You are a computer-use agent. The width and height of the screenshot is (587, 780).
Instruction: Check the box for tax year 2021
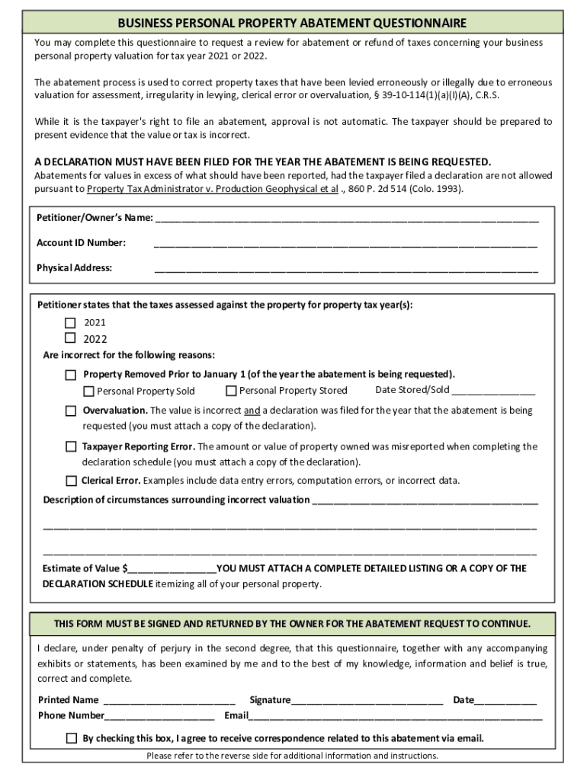pos(70,322)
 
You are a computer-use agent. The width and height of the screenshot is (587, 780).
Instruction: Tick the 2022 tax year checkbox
pos(70,338)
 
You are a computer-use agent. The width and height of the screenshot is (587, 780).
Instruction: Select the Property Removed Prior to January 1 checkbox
pos(71,375)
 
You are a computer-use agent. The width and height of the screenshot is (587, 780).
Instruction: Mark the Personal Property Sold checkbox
pos(89,392)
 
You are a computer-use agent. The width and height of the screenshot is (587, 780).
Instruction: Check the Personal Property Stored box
pos(231,391)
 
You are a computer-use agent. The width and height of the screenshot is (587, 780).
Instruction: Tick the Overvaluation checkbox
pos(71,411)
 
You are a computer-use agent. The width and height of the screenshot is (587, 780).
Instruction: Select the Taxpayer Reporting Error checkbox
pos(71,446)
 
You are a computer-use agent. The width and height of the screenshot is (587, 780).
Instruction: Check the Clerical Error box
pos(71,481)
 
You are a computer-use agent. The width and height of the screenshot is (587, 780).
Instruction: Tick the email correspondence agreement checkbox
pos(72,738)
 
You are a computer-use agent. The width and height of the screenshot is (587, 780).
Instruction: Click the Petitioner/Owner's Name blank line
pos(347,219)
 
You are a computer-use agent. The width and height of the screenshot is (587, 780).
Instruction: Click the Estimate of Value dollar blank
pos(172,569)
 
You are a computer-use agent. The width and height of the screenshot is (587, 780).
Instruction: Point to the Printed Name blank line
pos(168,701)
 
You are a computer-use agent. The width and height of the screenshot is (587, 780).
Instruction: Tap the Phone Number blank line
pos(159,717)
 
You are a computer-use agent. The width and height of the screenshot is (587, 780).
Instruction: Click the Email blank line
pos(396,717)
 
